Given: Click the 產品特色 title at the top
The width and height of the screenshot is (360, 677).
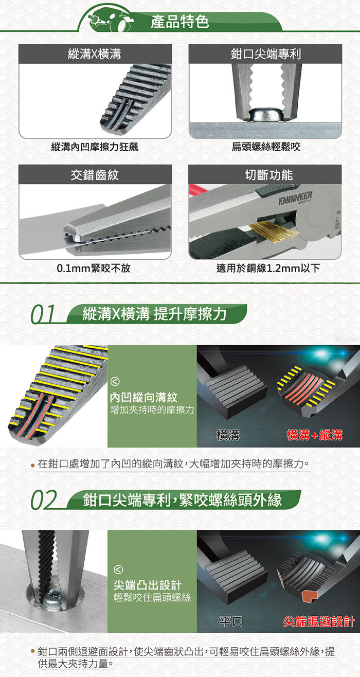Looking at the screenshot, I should pyautogui.click(x=179, y=22).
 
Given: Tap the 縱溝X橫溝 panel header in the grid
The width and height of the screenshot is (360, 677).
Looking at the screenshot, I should pyautogui.click(x=95, y=54).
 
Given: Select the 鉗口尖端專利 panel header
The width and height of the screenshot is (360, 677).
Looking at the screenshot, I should pyautogui.click(x=265, y=54).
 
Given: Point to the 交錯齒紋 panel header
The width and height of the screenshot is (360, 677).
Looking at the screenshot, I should pyautogui.click(x=95, y=175).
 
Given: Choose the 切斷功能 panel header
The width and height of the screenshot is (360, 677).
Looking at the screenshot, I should pyautogui.click(x=265, y=175).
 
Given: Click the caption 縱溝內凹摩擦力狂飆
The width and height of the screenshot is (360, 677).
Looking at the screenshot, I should pyautogui.click(x=95, y=147).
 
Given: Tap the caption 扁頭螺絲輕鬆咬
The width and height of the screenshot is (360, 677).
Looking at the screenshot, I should pyautogui.click(x=265, y=147).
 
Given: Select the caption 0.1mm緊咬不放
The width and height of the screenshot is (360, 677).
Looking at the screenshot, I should pyautogui.click(x=95, y=268).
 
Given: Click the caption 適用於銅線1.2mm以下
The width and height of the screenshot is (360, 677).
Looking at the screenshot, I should pyautogui.click(x=265, y=268).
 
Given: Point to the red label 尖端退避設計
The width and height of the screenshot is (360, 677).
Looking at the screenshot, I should pyautogui.click(x=319, y=621).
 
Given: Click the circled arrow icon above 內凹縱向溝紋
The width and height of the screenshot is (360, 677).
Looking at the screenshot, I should pyautogui.click(x=116, y=382).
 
